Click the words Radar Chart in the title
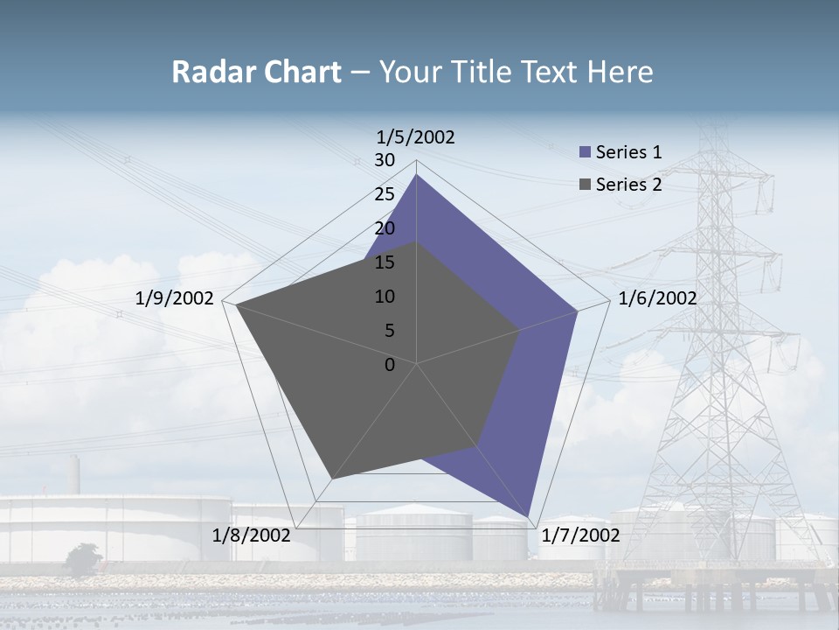pos(256,72)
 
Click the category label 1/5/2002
pos(416,136)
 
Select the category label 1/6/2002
pos(657,298)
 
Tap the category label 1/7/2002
pos(580,535)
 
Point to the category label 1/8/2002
pos(252,535)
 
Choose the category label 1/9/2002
pos(175,298)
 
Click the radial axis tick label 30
pos(385,160)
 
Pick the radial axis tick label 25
pos(385,194)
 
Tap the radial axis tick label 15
pos(385,262)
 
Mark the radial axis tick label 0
pos(390,365)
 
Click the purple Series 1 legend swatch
pos(585,152)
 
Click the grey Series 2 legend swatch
pos(585,185)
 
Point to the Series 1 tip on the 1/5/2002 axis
pos(416,175)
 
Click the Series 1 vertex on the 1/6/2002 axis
pos(577,311)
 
